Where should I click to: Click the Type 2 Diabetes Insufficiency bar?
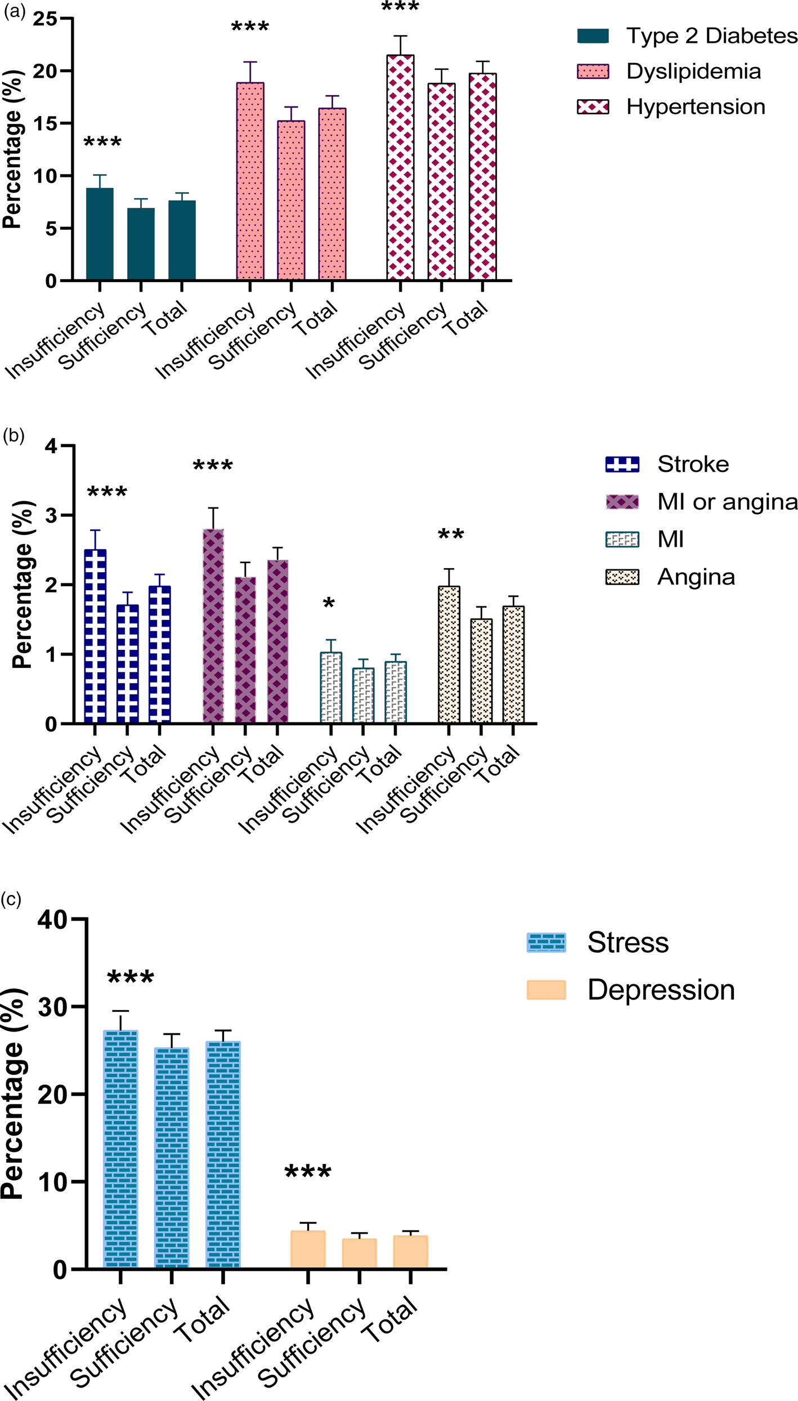coord(100,234)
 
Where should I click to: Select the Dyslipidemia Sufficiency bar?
coord(291,200)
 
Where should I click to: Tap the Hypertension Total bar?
coord(482,177)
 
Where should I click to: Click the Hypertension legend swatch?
coord(593,107)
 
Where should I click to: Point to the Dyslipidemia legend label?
coord(693,72)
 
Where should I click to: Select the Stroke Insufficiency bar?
coord(95,636)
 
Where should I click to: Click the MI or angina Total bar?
coord(277,642)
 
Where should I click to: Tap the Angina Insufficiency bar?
coord(449,655)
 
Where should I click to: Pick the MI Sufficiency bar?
coord(363,695)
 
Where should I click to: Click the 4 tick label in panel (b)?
coord(51,447)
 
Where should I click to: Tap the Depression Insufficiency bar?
coord(308,1248)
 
